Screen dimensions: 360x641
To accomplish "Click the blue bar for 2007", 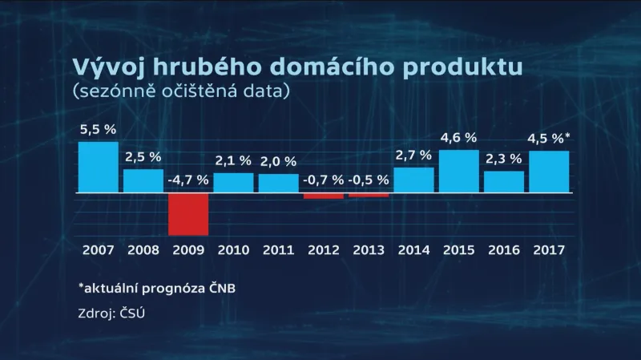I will [98, 168].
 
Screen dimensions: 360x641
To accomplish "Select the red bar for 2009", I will [188, 214].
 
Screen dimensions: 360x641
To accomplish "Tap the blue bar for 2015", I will [458, 172].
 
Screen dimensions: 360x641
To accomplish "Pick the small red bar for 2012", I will [324, 196].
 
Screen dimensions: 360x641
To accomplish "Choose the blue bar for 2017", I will [549, 172].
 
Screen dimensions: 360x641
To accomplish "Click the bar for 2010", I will [233, 183].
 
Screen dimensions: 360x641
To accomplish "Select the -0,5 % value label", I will [369, 180].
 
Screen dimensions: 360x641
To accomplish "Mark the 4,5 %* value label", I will [551, 138].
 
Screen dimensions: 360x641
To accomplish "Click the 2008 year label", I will [143, 249].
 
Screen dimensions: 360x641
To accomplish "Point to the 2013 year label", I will [369, 249].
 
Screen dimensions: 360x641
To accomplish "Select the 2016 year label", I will [504, 249].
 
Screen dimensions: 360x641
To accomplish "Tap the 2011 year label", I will [279, 249].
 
